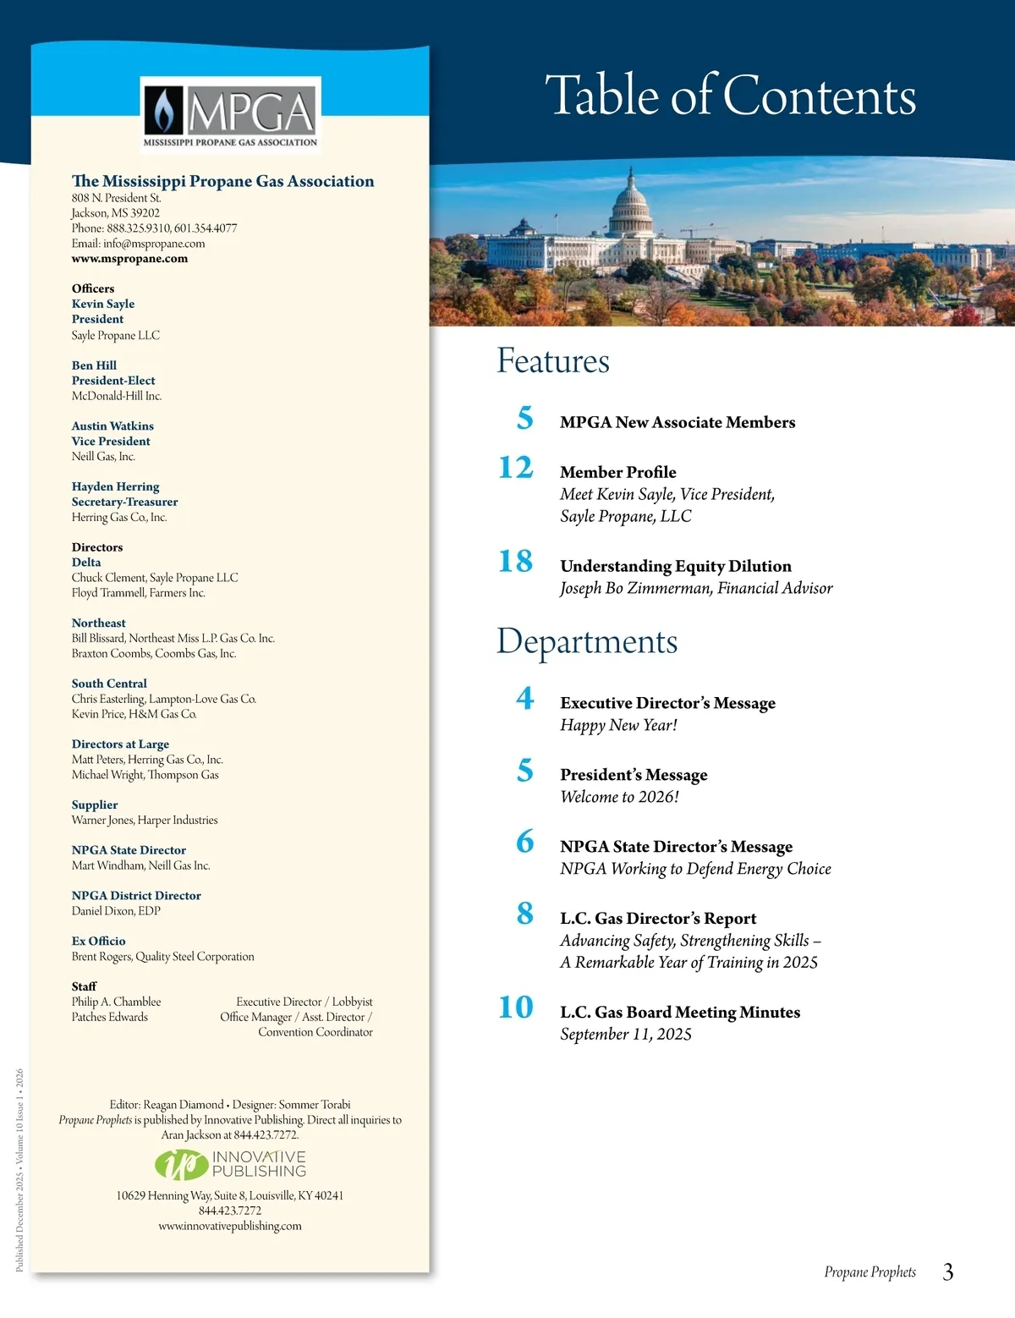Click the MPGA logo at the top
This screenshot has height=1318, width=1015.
(x=230, y=113)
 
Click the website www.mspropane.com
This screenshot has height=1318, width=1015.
(x=129, y=259)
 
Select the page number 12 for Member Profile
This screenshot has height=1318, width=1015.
(x=516, y=468)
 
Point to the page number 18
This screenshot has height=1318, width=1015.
(x=516, y=562)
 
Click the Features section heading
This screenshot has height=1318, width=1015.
(x=552, y=361)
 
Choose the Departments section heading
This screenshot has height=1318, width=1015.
(x=587, y=641)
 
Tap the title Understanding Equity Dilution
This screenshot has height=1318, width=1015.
(x=675, y=566)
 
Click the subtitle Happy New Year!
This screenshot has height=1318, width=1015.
(x=618, y=725)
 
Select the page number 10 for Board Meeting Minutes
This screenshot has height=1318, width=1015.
(x=516, y=1008)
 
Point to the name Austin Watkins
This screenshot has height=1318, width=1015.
(x=112, y=426)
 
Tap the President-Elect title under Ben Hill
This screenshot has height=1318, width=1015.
(x=113, y=381)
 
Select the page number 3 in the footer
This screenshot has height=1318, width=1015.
(x=948, y=1272)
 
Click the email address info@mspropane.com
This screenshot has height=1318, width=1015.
(x=154, y=244)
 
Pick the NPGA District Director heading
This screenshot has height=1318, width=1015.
(x=136, y=895)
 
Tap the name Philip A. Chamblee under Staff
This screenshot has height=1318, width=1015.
(x=116, y=1002)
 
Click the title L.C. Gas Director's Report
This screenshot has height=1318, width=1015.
(x=658, y=919)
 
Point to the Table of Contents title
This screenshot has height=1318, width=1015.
(x=730, y=95)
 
